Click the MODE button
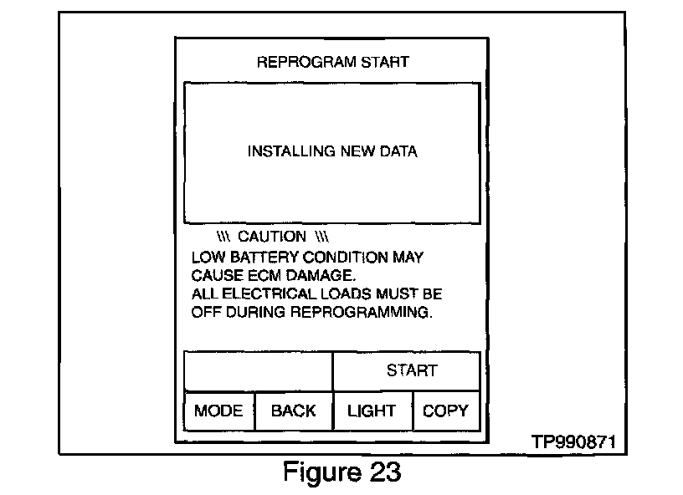tap(218, 411)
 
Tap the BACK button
tap(294, 411)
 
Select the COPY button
tap(445, 411)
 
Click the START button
tap(411, 370)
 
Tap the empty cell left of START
tap(258, 370)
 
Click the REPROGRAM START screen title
tap(332, 62)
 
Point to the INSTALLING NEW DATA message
tap(332, 151)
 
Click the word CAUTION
tap(272, 237)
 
